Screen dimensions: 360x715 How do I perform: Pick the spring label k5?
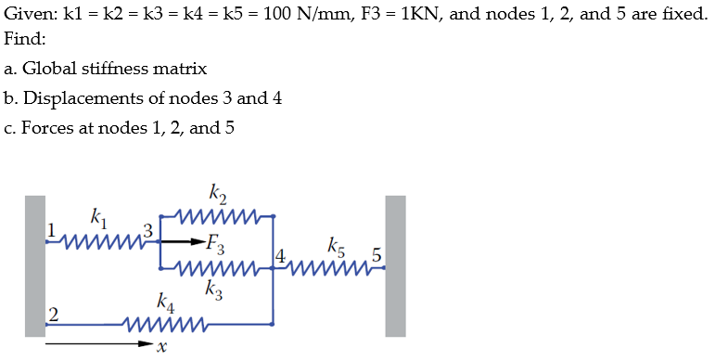(337, 247)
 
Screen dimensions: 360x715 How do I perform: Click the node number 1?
(53, 228)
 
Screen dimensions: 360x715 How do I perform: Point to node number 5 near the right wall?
(376, 253)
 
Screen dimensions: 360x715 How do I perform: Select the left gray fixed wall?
(35, 265)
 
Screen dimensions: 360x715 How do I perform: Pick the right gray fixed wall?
(395, 265)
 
